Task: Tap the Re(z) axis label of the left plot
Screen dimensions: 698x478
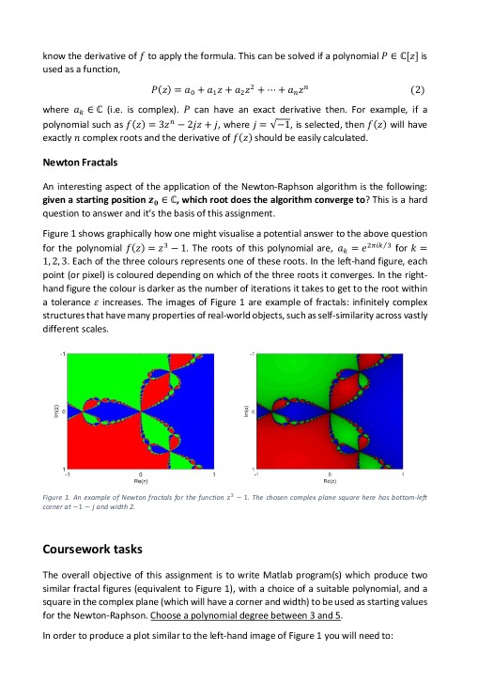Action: point(141,479)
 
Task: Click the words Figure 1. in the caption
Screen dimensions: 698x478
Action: point(71,496)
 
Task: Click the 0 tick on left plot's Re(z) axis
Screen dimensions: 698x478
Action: point(141,473)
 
